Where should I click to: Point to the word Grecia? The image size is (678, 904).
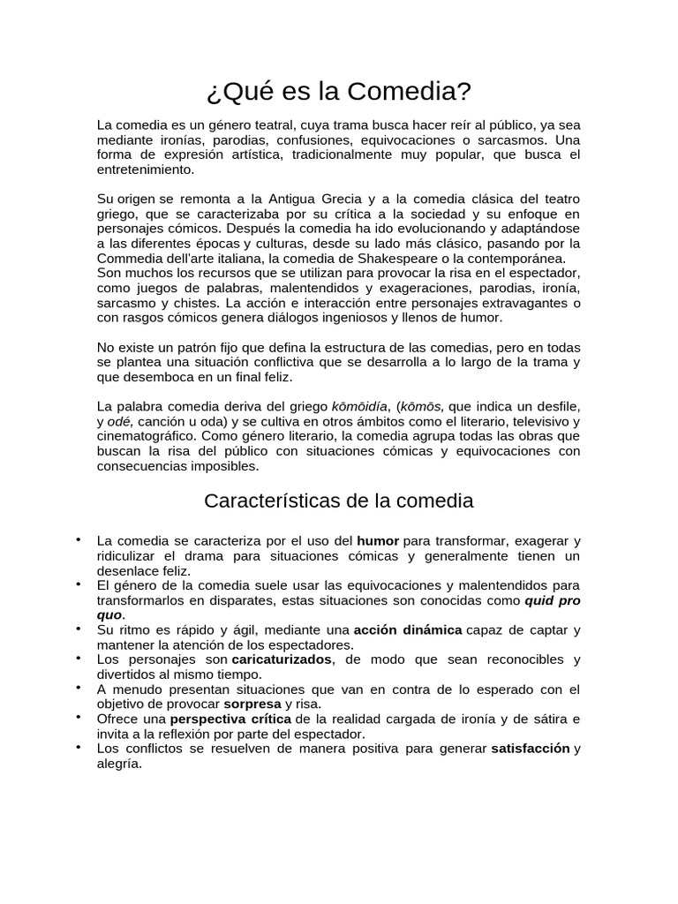[333, 198]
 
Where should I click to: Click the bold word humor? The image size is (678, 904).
[378, 540]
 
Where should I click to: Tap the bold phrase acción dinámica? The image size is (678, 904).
[408, 630]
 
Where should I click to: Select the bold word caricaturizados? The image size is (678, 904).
[282, 659]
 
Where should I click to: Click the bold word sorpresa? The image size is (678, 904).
[252, 704]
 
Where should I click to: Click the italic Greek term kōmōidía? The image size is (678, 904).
[359, 406]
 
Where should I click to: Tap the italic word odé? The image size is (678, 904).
[118, 421]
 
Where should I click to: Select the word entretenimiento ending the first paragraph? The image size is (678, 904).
[144, 169]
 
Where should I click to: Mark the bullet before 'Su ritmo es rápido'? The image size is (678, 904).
[79, 628]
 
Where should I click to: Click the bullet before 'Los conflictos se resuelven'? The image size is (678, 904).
[79, 747]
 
